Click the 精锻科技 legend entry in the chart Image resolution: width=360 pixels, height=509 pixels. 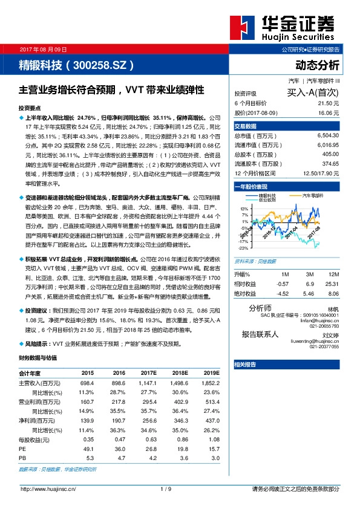267,196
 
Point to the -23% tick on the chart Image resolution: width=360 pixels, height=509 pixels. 243,248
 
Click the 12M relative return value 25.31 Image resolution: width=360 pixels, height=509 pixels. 332,283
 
